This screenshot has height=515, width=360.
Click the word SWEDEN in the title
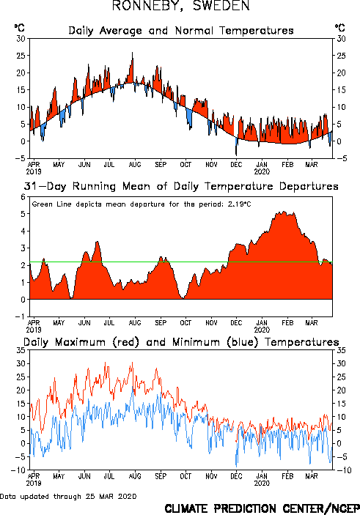(x=221, y=6)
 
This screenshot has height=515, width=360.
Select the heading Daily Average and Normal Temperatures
(x=181, y=31)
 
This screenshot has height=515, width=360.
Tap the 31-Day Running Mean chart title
(x=181, y=186)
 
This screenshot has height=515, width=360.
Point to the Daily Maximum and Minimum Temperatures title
(x=181, y=342)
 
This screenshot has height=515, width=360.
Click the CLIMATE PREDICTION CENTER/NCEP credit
(x=262, y=508)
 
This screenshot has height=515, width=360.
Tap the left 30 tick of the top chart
(x=21, y=39)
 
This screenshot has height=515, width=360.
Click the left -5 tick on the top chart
(x=21, y=158)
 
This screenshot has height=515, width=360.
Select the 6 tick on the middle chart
(x=23, y=197)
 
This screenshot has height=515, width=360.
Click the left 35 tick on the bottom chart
(x=21, y=350)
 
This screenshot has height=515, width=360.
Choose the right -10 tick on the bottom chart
(x=344, y=470)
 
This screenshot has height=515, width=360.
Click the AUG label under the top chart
(x=135, y=165)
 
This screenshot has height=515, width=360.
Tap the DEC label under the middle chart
(x=236, y=323)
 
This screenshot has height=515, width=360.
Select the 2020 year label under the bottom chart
(x=262, y=483)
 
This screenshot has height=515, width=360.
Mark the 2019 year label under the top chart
(x=34, y=171)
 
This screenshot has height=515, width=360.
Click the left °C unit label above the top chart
(x=19, y=28)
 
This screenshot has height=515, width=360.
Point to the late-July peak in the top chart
(x=133, y=53)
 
